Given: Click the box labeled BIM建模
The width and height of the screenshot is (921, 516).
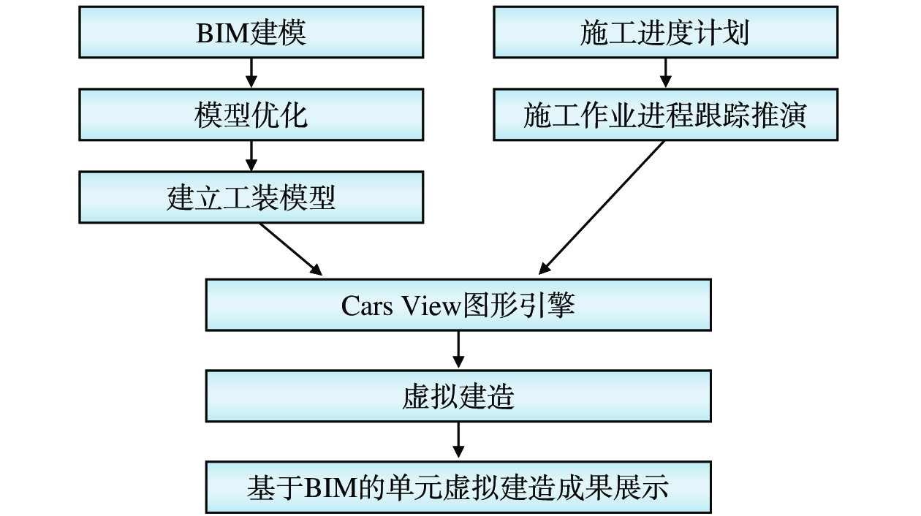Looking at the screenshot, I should tap(251, 32).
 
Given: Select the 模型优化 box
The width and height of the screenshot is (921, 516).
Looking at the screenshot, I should tap(251, 115).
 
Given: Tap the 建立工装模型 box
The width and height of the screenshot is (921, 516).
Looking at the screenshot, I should tap(251, 197).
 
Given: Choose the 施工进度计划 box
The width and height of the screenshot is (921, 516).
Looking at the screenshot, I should tap(665, 32).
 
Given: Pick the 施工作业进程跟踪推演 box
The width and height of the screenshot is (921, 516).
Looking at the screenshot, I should tap(665, 115).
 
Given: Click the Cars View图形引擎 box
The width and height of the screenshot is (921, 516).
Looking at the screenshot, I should tap(458, 305).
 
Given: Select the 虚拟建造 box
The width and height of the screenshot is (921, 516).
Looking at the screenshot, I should tap(458, 396).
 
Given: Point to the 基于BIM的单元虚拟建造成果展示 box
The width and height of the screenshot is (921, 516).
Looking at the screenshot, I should tap(458, 487).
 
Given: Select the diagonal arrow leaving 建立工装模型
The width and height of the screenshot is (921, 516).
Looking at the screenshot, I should tap(290, 248).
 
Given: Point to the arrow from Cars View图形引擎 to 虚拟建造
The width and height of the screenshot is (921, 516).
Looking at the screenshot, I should tap(458, 350).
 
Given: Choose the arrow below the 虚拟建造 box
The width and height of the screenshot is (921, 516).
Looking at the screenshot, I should tap(458, 441).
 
